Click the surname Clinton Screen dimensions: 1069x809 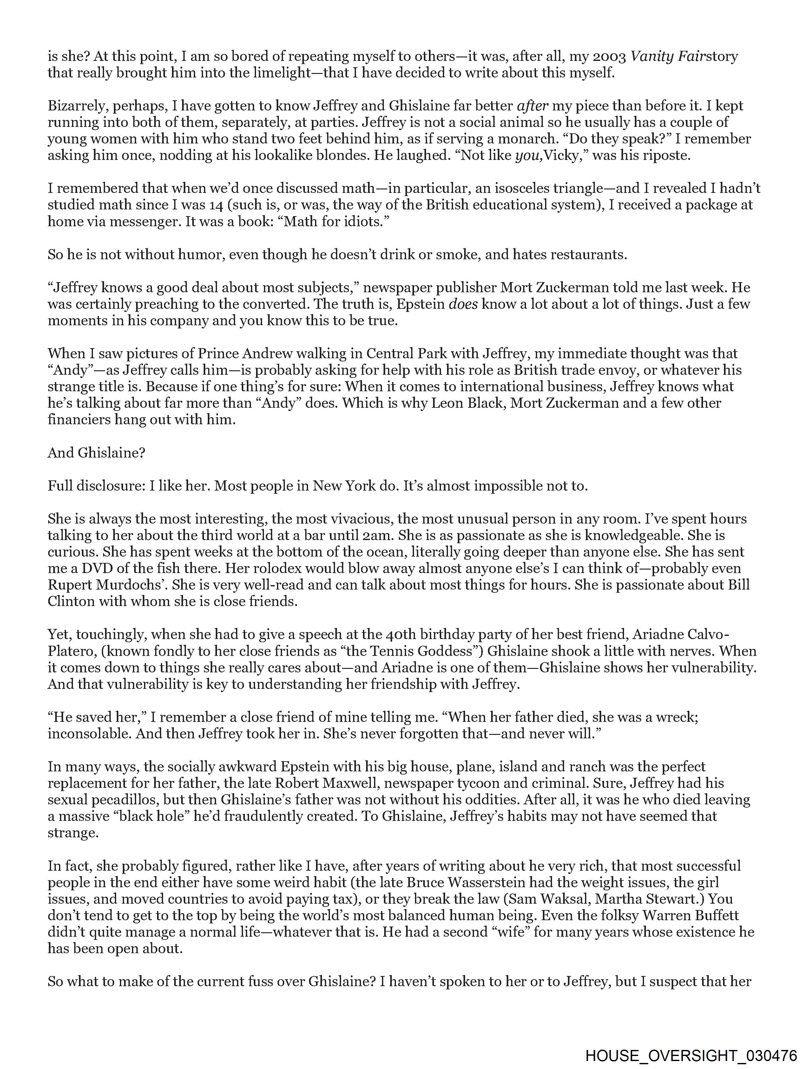coord(71,601)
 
